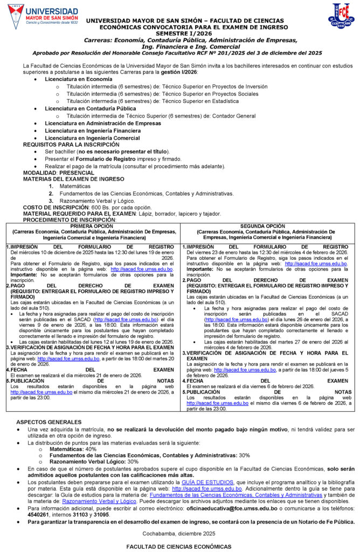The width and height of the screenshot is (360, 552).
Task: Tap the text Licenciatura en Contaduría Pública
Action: (90, 108)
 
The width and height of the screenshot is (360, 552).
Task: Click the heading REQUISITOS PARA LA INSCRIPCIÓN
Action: (71, 144)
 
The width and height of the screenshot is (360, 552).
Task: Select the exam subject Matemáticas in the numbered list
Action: (75, 186)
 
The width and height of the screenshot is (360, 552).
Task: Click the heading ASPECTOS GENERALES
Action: (49, 422)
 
